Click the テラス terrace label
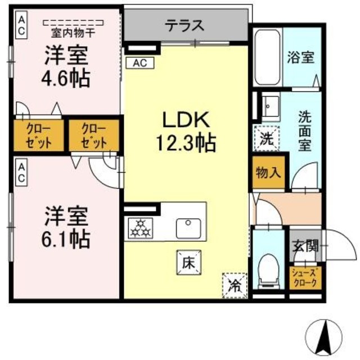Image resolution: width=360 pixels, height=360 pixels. [x=184, y=25]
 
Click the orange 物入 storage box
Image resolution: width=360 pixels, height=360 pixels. [x=268, y=173]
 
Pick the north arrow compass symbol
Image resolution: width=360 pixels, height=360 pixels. [x=326, y=337]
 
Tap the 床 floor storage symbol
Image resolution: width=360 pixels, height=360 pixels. [x=188, y=260]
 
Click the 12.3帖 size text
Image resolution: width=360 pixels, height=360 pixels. [x=186, y=143]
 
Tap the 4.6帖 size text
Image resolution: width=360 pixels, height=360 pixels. [x=66, y=79]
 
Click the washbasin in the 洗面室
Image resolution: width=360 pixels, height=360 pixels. [x=268, y=105]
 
